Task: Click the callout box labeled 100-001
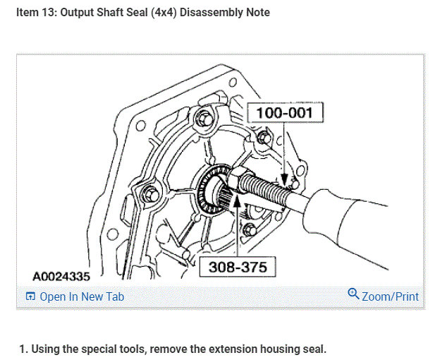(x=285, y=112)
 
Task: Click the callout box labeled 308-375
(x=238, y=267)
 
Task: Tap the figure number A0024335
(x=61, y=277)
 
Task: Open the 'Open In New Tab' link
(x=82, y=296)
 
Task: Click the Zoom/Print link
(x=390, y=296)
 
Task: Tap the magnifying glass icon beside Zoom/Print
(x=353, y=294)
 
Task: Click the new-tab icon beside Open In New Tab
(x=30, y=296)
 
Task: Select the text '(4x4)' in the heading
(x=164, y=13)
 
